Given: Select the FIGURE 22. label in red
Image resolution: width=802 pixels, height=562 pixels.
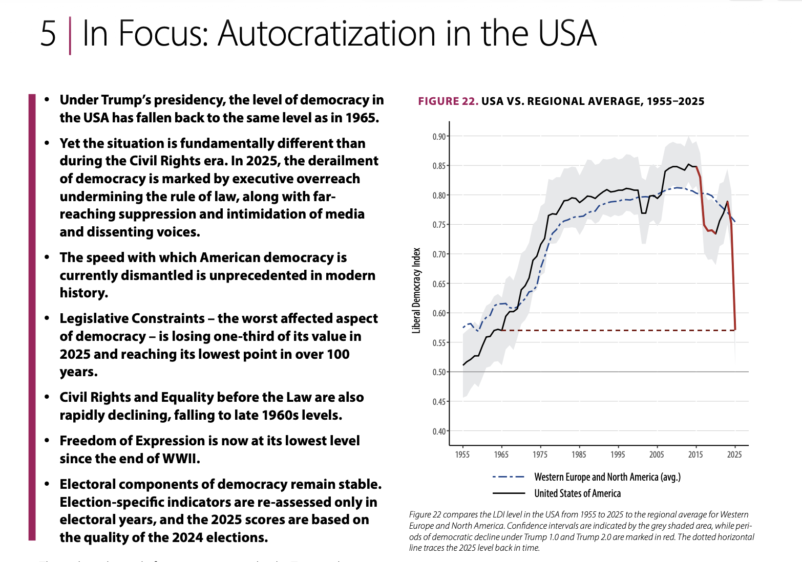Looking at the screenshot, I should point(448,101).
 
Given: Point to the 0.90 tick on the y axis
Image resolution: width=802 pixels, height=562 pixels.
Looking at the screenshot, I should point(439,137).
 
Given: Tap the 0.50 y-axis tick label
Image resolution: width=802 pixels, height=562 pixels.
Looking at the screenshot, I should point(439,372).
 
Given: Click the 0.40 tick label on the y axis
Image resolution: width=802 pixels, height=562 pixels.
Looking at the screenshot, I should point(439,431).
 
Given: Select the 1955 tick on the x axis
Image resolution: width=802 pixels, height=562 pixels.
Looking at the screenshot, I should point(462,455).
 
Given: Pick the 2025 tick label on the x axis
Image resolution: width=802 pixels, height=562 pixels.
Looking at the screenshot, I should point(734,455).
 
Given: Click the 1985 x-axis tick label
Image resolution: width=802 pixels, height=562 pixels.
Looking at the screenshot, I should point(579,455).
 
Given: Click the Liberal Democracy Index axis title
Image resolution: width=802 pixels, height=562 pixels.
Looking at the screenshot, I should point(416,291).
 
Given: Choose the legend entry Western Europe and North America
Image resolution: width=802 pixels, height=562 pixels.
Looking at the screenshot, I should point(607,477).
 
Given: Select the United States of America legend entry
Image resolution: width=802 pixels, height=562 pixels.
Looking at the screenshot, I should point(577,493).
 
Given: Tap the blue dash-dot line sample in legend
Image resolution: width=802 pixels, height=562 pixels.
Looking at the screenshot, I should point(508,477).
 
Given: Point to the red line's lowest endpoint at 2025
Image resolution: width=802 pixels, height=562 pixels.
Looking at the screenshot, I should point(735,330).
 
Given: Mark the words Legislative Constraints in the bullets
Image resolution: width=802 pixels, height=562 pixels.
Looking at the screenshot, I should point(132,318).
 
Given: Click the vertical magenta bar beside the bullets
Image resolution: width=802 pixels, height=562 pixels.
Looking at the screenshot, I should point(32,317).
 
